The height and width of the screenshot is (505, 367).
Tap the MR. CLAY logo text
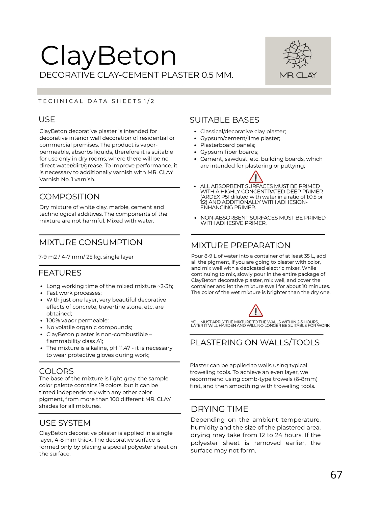tap(298, 75)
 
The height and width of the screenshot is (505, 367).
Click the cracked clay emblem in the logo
tap(298, 54)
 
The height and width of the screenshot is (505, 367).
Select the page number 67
tap(336, 475)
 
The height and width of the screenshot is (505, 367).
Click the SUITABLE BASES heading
tap(224, 120)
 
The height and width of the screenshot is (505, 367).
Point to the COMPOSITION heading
tap(69, 197)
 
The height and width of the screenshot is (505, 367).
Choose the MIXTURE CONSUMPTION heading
tap(91, 242)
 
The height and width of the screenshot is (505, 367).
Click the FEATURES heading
tap(60, 273)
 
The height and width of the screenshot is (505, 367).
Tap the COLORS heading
tap(57, 371)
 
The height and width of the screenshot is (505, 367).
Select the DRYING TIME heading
tap(220, 409)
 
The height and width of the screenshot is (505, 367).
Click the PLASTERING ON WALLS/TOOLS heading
tap(255, 343)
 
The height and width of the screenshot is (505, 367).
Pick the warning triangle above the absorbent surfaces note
tap(256, 177)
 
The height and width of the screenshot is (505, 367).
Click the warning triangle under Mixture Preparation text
tap(256, 311)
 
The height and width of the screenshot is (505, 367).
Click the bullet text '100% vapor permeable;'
tap(77, 321)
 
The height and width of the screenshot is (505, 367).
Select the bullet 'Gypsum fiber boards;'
tap(229, 152)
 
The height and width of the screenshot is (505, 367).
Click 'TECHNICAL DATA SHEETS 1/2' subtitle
tap(96, 101)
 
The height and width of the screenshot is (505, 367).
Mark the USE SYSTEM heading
tap(65, 423)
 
